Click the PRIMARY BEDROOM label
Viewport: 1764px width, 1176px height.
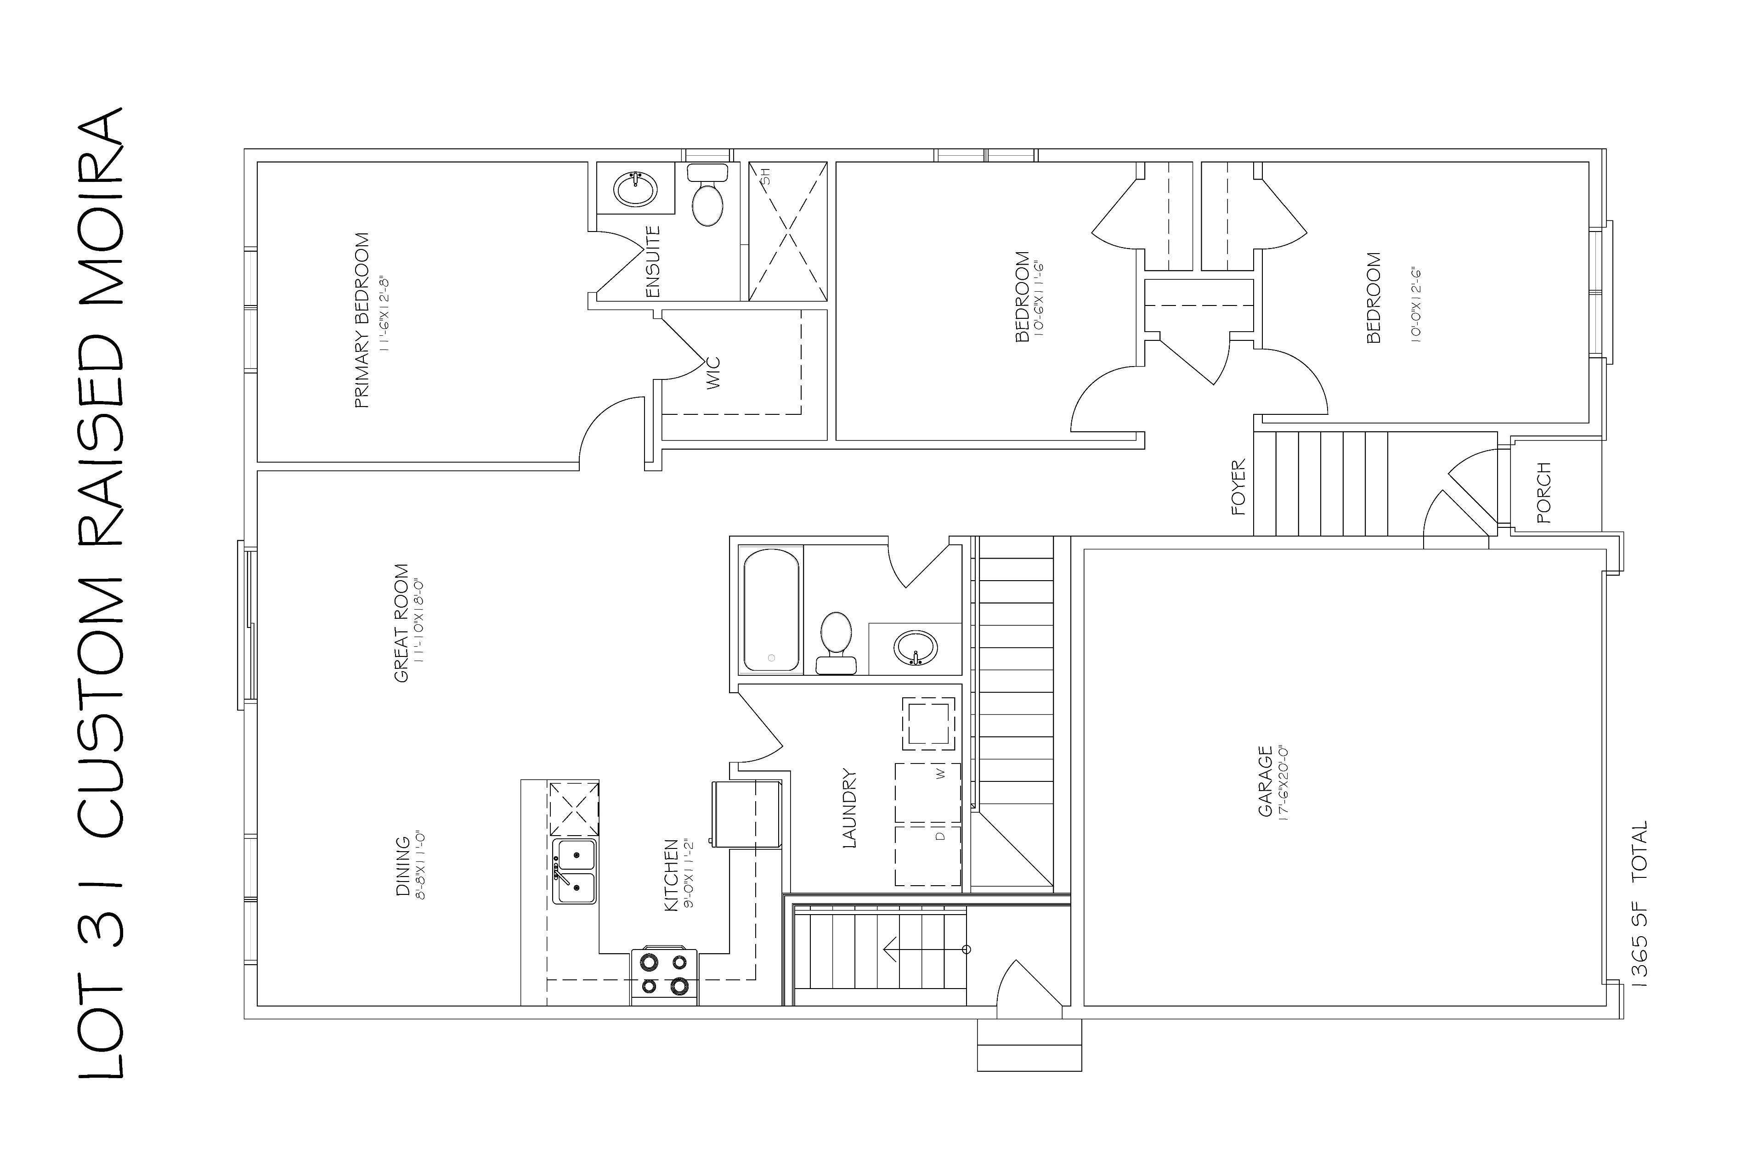tap(362, 321)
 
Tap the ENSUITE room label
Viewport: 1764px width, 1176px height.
tap(653, 262)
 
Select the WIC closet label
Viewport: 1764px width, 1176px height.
tap(713, 373)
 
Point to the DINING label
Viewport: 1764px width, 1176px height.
tap(403, 866)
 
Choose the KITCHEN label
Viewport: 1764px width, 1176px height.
tap(671, 875)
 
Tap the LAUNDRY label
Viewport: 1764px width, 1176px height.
tap(850, 808)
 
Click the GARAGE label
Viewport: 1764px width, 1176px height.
tap(1265, 781)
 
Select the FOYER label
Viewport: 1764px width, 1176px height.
tap(1238, 487)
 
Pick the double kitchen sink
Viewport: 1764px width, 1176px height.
tap(575, 871)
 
